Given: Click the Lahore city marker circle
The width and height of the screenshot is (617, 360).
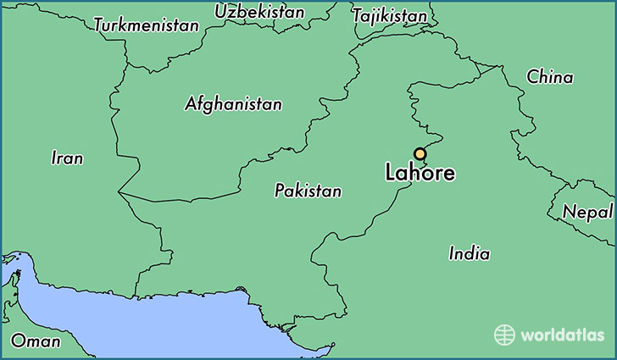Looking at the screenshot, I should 419,153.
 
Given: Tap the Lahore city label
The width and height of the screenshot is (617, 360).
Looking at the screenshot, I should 420,174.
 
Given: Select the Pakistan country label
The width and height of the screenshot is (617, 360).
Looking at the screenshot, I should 308,191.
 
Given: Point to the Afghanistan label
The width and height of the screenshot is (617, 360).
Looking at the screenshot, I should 233,104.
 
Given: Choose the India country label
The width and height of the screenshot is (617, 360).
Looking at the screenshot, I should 469,252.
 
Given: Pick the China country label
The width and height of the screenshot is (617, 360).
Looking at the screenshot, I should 549,77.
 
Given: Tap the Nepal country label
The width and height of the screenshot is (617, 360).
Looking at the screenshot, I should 586,211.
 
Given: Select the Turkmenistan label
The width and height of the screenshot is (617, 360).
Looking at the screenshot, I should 147,25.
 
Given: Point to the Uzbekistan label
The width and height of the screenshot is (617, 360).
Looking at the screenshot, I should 259,12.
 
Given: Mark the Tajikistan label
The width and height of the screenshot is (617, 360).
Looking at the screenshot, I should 389,16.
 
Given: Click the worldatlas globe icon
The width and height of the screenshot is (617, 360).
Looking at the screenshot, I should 505,335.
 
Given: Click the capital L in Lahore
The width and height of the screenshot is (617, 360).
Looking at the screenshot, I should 391,174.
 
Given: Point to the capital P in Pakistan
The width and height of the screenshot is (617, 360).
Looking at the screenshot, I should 280,191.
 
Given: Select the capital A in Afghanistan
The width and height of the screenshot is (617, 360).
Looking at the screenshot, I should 190,104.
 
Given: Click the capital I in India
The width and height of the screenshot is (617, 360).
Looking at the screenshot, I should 452,252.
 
